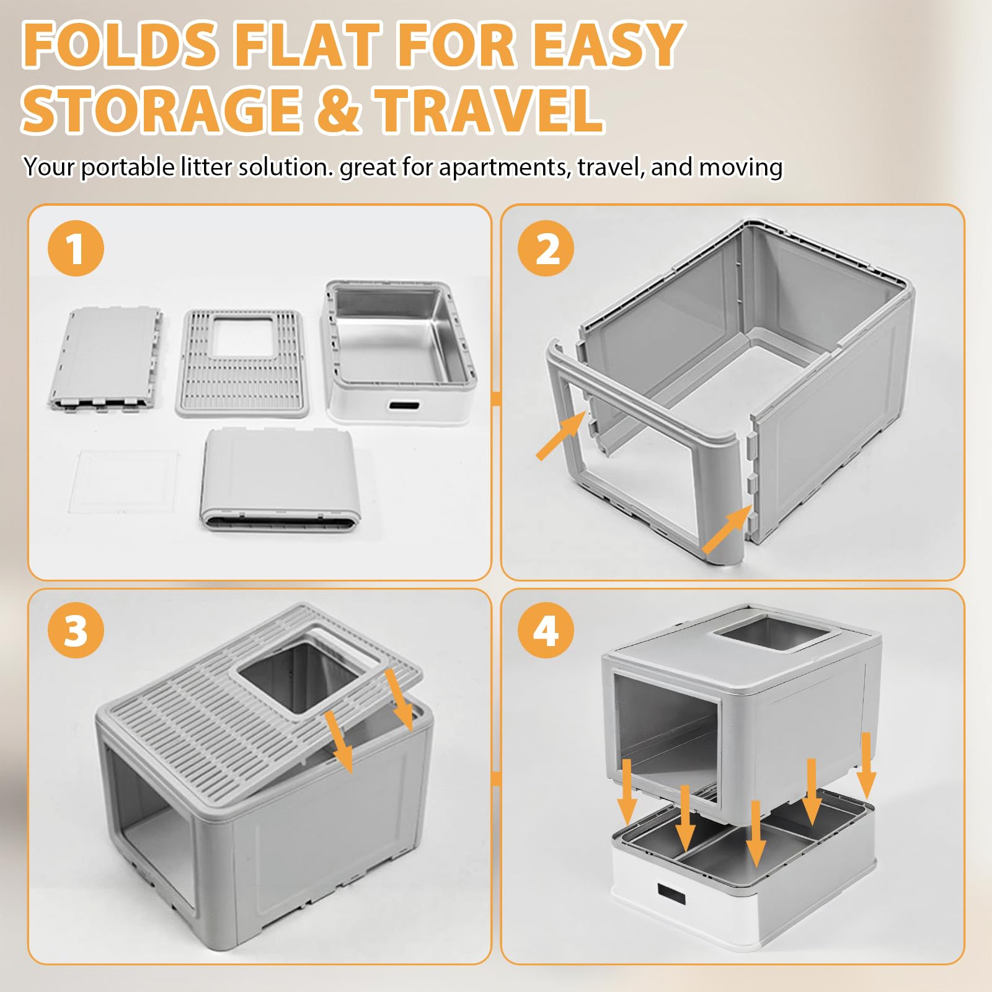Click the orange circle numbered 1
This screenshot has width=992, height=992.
tap(76, 248)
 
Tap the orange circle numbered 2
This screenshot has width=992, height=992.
tap(546, 248)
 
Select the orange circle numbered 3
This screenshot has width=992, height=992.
tap(76, 631)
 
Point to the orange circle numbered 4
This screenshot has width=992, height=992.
tap(546, 631)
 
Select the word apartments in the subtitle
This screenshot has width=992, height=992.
tap(505, 167)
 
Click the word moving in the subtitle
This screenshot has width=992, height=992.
tap(741, 167)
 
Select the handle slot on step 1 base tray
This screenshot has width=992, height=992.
tap(404, 407)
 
